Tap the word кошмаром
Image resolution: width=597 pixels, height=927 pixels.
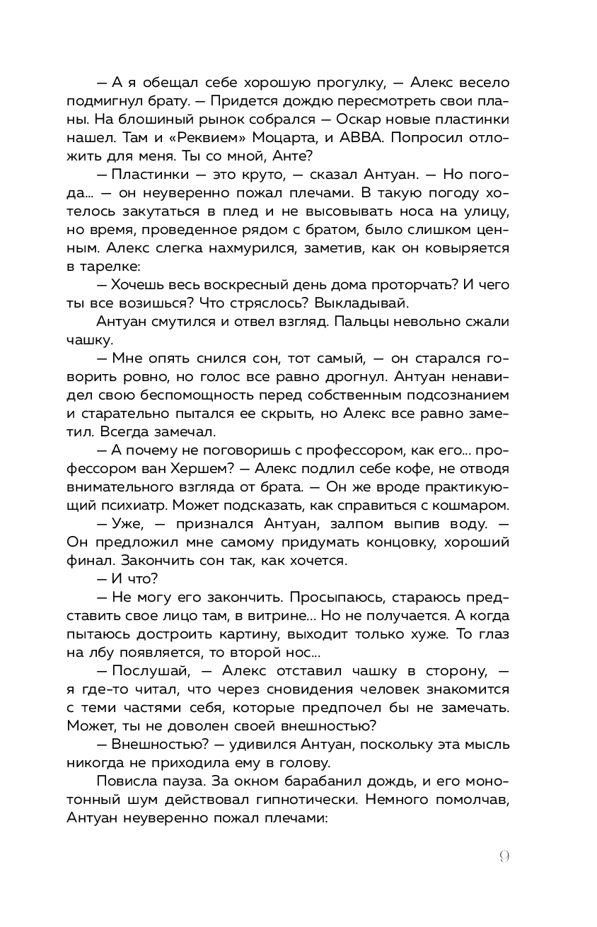point(456,505)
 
